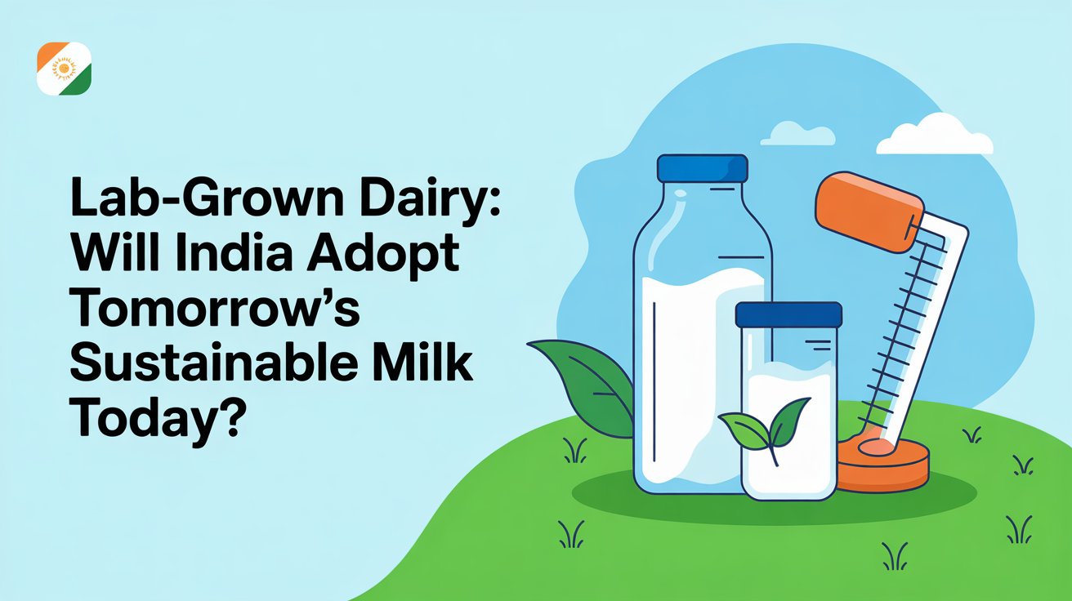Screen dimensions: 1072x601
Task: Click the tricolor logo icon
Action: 64,69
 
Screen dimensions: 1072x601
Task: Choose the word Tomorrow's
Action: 215,307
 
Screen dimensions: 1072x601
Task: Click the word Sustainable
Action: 214,363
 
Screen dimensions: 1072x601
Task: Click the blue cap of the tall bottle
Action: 703,168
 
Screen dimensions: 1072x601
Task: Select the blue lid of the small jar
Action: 788,314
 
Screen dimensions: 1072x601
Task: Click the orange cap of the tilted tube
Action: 869,211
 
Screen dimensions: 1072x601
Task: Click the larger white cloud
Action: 935,136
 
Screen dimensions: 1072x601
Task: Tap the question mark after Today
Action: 233,417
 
